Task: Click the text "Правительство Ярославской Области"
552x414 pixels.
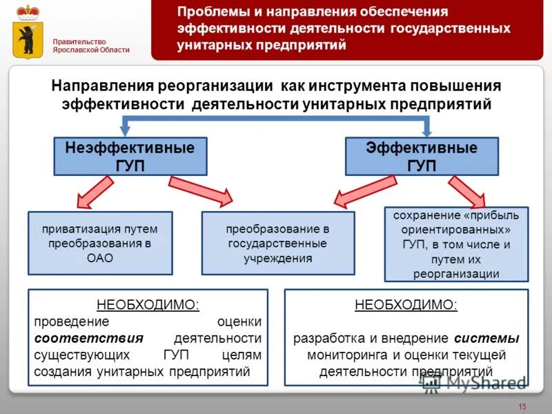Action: click(x=91, y=46)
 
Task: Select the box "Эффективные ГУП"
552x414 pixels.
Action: click(x=421, y=157)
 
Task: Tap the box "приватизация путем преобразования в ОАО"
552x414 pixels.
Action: click(x=100, y=243)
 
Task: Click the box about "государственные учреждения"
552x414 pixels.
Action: click(x=277, y=243)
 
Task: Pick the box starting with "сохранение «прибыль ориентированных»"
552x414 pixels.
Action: click(x=455, y=244)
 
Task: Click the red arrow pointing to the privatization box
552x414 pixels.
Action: click(x=95, y=191)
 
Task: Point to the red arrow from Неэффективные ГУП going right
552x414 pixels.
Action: click(x=201, y=191)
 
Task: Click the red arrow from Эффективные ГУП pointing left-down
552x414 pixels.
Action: click(x=366, y=190)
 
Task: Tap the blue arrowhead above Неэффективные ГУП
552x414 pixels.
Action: click(x=126, y=129)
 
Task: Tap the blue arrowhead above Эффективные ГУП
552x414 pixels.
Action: click(x=427, y=129)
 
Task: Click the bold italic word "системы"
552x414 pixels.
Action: click(x=487, y=339)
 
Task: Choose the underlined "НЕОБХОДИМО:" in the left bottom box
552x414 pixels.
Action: click(x=148, y=304)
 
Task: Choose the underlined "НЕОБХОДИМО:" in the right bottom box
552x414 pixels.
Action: click(x=406, y=304)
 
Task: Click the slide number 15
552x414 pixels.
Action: click(x=522, y=405)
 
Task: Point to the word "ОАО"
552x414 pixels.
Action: click(x=100, y=259)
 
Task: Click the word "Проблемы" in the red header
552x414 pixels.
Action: click(x=206, y=12)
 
